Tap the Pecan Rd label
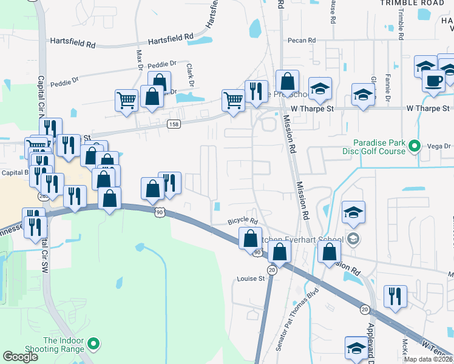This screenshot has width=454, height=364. pyautogui.click(x=303, y=41)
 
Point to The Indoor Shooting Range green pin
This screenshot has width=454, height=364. pyautogui.click(x=93, y=345)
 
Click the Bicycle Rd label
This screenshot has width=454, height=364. pyautogui.click(x=243, y=221)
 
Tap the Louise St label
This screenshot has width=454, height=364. pyautogui.click(x=251, y=279)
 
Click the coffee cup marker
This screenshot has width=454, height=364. pyautogui.click(x=433, y=81)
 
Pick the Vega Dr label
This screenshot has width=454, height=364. pyautogui.click(x=439, y=146)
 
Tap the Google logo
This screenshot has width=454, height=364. pyautogui.click(x=20, y=357)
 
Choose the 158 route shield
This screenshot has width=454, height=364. pyautogui.click(x=174, y=123)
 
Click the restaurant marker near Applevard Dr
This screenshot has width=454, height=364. pyautogui.click(x=395, y=297)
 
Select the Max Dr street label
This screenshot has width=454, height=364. pyautogui.click(x=139, y=58)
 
